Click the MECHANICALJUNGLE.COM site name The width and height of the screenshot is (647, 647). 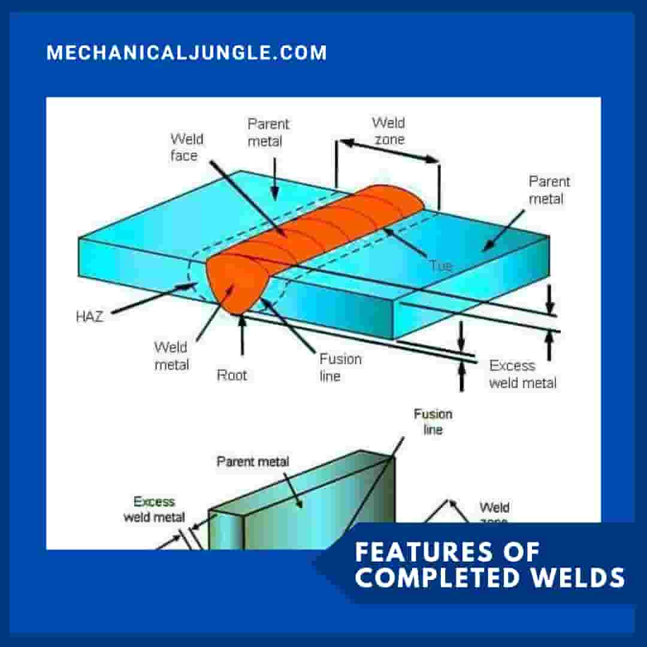(x=187, y=53)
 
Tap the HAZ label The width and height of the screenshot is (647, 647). (x=89, y=317)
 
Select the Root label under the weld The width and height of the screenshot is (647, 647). (x=232, y=376)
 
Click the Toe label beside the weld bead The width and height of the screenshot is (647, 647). (x=440, y=265)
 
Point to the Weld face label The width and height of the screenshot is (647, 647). (x=187, y=147)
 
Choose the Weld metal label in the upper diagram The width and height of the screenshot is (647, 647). (x=171, y=356)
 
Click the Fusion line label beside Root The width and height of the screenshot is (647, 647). (x=340, y=367)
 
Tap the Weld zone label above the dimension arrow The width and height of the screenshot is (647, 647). (x=388, y=131)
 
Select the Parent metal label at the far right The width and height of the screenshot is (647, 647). (x=549, y=190)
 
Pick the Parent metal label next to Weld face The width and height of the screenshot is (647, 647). (x=268, y=132)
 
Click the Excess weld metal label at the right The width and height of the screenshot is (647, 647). (x=522, y=374)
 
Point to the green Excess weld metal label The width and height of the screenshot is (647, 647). (x=154, y=509)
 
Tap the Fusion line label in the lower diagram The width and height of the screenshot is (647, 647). (x=433, y=422)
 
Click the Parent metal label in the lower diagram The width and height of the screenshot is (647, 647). (x=252, y=462)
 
